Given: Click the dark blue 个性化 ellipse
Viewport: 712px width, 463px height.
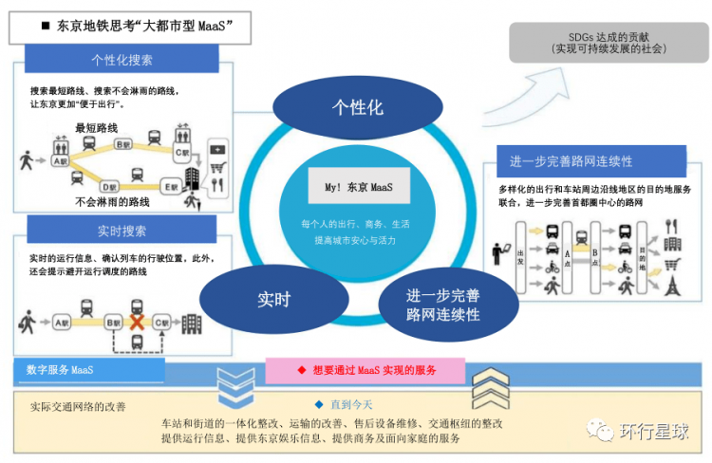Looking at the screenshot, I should (357, 107).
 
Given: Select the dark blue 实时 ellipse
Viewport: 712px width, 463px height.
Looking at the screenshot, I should (273, 300).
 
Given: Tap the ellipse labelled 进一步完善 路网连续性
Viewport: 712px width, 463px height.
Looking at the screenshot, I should (442, 304).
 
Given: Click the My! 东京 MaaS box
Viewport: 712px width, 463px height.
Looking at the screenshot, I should (358, 186).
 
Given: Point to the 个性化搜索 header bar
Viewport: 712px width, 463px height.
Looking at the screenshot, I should (122, 60).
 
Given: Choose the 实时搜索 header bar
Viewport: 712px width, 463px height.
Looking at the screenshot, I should (122, 231).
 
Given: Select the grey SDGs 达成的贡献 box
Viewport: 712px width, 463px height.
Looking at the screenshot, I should (609, 42).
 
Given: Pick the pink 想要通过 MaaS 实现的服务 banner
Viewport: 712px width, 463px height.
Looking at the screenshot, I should (365, 369).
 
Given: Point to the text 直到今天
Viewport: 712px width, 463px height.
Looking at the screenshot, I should (356, 404).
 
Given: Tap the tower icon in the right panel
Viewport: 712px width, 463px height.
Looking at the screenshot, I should (672, 285).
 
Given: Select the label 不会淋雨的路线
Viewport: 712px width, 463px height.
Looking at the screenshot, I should (113, 202).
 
